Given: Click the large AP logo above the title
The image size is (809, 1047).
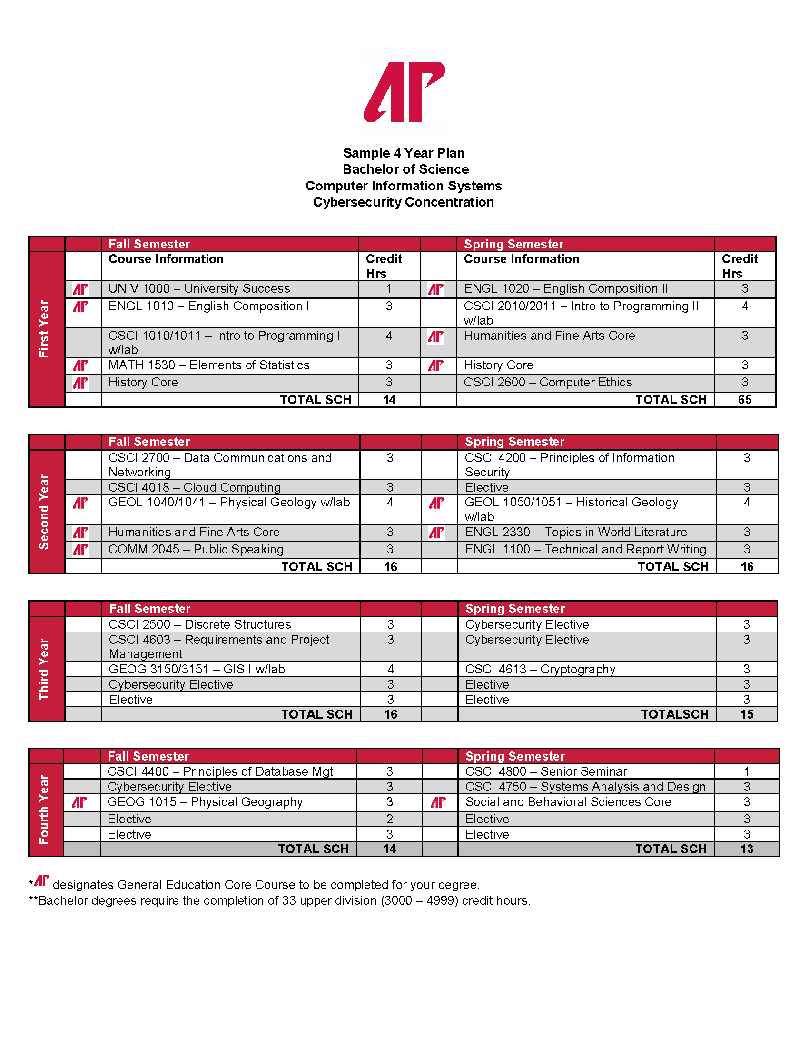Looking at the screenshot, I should (404, 91).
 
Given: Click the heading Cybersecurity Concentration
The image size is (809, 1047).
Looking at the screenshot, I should (403, 202).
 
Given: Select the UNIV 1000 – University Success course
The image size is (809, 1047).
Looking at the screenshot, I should (199, 288).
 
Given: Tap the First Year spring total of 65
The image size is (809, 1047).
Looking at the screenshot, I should (744, 400).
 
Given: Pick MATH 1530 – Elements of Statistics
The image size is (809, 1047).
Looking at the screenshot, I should (208, 365).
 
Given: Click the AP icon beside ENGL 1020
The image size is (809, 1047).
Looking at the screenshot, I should (435, 289).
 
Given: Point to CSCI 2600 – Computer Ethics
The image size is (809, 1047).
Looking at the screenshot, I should (548, 383).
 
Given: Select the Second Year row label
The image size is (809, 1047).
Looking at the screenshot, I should (44, 512).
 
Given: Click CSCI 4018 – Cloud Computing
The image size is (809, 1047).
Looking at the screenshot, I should (195, 487).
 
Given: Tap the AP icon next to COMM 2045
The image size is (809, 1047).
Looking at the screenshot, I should (80, 549).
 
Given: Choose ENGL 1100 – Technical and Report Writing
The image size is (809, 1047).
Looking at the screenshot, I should (585, 549).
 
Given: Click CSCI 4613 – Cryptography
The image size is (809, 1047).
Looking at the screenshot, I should (540, 669).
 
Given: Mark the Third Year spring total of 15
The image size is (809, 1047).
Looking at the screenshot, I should (746, 714).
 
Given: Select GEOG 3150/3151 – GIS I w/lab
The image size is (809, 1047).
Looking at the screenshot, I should (197, 669).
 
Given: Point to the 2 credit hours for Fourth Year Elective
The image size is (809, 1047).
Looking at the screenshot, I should (389, 819).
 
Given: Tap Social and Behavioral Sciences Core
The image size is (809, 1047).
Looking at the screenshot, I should (568, 802).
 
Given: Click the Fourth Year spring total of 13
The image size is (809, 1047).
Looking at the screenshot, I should (746, 849).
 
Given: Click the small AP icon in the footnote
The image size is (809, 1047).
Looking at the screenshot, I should (42, 880).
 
